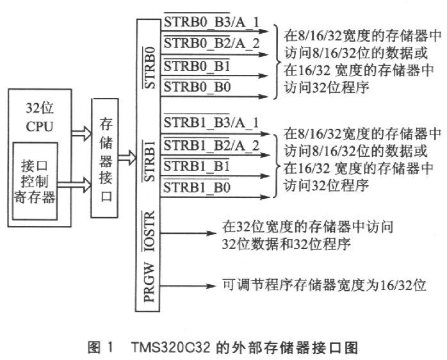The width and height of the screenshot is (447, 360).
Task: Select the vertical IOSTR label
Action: point(149,231)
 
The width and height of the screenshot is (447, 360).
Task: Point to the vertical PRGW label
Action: point(149,279)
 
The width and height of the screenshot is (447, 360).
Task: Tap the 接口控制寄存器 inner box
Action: point(36,181)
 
